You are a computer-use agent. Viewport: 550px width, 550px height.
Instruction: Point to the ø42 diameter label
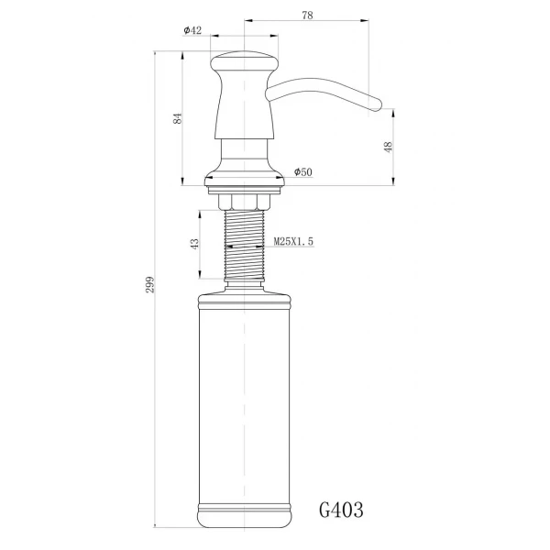[192, 30]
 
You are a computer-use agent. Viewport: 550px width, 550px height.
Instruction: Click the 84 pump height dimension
[178, 117]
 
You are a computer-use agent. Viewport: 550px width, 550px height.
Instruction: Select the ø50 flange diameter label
[303, 172]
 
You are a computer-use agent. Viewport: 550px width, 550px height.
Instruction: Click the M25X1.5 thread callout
[293, 242]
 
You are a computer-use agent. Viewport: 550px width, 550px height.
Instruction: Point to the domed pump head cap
[245, 64]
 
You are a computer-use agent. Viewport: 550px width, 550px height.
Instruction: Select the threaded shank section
[245, 243]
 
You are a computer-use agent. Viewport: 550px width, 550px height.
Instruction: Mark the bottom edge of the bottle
[245, 528]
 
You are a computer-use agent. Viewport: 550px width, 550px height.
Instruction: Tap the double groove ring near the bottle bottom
[245, 505]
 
